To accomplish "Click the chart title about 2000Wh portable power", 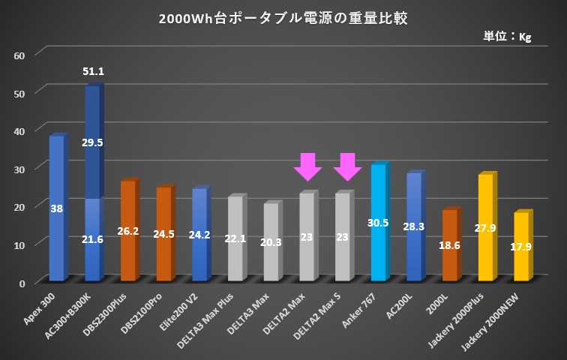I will pyautogui.click(x=283, y=19).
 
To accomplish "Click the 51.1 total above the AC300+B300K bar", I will pyautogui.click(x=93, y=72).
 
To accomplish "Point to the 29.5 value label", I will pyautogui.click(x=92, y=142).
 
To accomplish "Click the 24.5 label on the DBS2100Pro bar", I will pyautogui.click(x=163, y=234).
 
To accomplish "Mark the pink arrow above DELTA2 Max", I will pyautogui.click(x=307, y=166).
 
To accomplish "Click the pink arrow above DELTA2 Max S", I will pyautogui.click(x=347, y=166).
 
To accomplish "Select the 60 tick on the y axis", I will pyautogui.click(x=19, y=55).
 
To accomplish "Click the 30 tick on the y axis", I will pyautogui.click(x=19, y=169).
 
